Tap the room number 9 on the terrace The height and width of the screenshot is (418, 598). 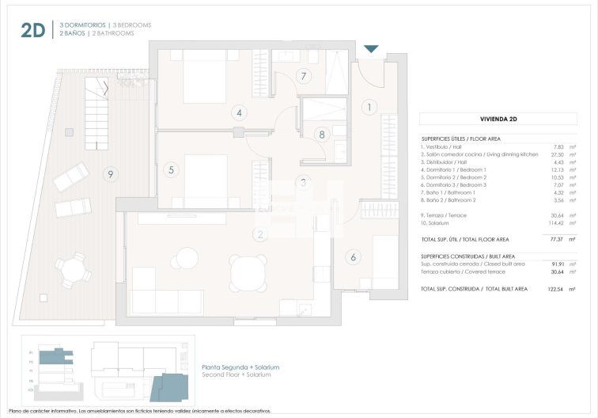111,173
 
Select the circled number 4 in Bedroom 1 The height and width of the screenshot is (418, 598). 239,112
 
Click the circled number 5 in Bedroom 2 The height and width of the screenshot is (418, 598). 170,169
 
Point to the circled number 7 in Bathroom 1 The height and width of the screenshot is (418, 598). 301,77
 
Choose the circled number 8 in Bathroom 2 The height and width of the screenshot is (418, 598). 321,135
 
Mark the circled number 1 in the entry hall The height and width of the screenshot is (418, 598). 368,106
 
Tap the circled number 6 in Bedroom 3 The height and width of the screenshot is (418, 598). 354,256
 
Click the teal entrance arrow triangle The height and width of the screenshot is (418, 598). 371,50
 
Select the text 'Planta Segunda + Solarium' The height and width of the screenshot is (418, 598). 240,367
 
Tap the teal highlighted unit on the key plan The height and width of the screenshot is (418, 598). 167,387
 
